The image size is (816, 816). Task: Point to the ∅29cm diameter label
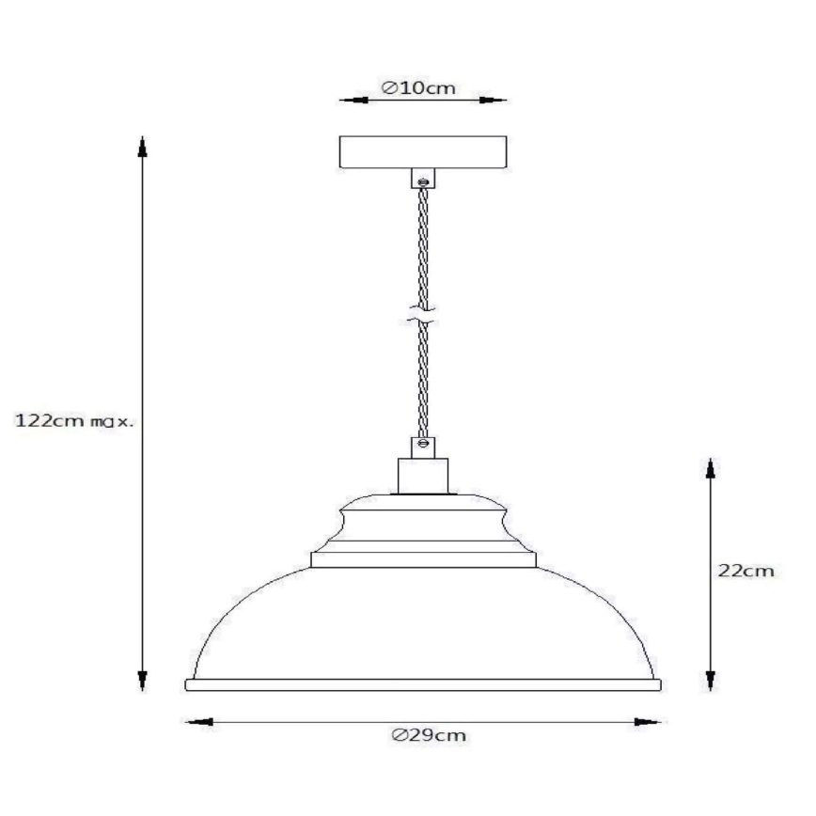pyautogui.click(x=429, y=736)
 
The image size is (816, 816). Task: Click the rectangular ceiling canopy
pyautogui.click(x=423, y=152)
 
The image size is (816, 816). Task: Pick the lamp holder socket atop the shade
pyautogui.click(x=423, y=475)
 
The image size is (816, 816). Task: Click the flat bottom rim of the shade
pyautogui.click(x=423, y=684)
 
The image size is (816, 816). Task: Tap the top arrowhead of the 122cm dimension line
pyautogui.click(x=143, y=145)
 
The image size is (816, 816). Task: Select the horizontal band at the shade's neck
pyautogui.click(x=424, y=559)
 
